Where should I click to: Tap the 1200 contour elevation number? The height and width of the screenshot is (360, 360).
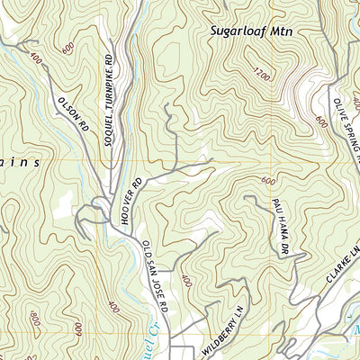coord(261,74)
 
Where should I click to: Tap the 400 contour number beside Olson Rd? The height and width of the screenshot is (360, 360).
coord(35,59)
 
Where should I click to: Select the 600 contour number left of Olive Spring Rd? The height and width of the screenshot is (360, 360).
coord(321,119)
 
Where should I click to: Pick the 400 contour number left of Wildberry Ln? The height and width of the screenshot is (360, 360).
coord(186,283)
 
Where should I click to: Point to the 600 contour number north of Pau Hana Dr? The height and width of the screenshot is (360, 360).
coord(268,181)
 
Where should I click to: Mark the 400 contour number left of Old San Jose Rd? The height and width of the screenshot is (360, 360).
coord(112,307)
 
